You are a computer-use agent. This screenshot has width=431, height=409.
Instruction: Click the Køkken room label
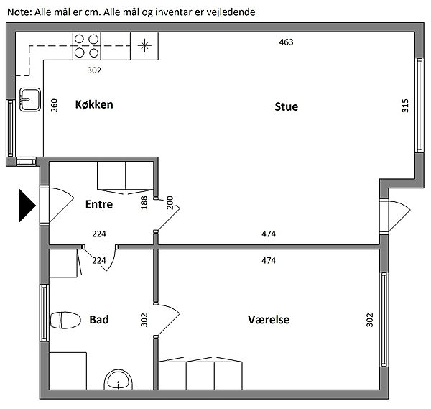pos(94,105)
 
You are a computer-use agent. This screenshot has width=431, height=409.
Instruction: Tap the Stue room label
pos(286,106)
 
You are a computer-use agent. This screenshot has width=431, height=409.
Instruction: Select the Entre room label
pos(99,204)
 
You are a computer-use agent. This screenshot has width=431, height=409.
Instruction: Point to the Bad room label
pos(99,319)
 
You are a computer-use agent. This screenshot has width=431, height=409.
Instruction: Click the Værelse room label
pos(269,319)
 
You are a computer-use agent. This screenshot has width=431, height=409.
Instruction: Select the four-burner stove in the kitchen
pos(86,46)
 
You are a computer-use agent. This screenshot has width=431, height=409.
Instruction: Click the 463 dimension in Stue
pos(287,42)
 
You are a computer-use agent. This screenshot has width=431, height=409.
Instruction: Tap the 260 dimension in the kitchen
pos(54,106)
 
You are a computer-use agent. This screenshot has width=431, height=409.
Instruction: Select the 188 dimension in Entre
pos(144,203)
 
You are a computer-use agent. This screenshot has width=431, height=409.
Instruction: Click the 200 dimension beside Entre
pos(170,203)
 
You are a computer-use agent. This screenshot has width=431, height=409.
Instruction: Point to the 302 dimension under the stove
pos(94,70)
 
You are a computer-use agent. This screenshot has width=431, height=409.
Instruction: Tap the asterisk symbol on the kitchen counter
pos(146,46)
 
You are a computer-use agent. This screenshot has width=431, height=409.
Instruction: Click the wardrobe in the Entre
pos(125,177)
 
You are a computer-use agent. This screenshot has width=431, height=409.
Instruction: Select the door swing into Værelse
pos(170,316)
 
